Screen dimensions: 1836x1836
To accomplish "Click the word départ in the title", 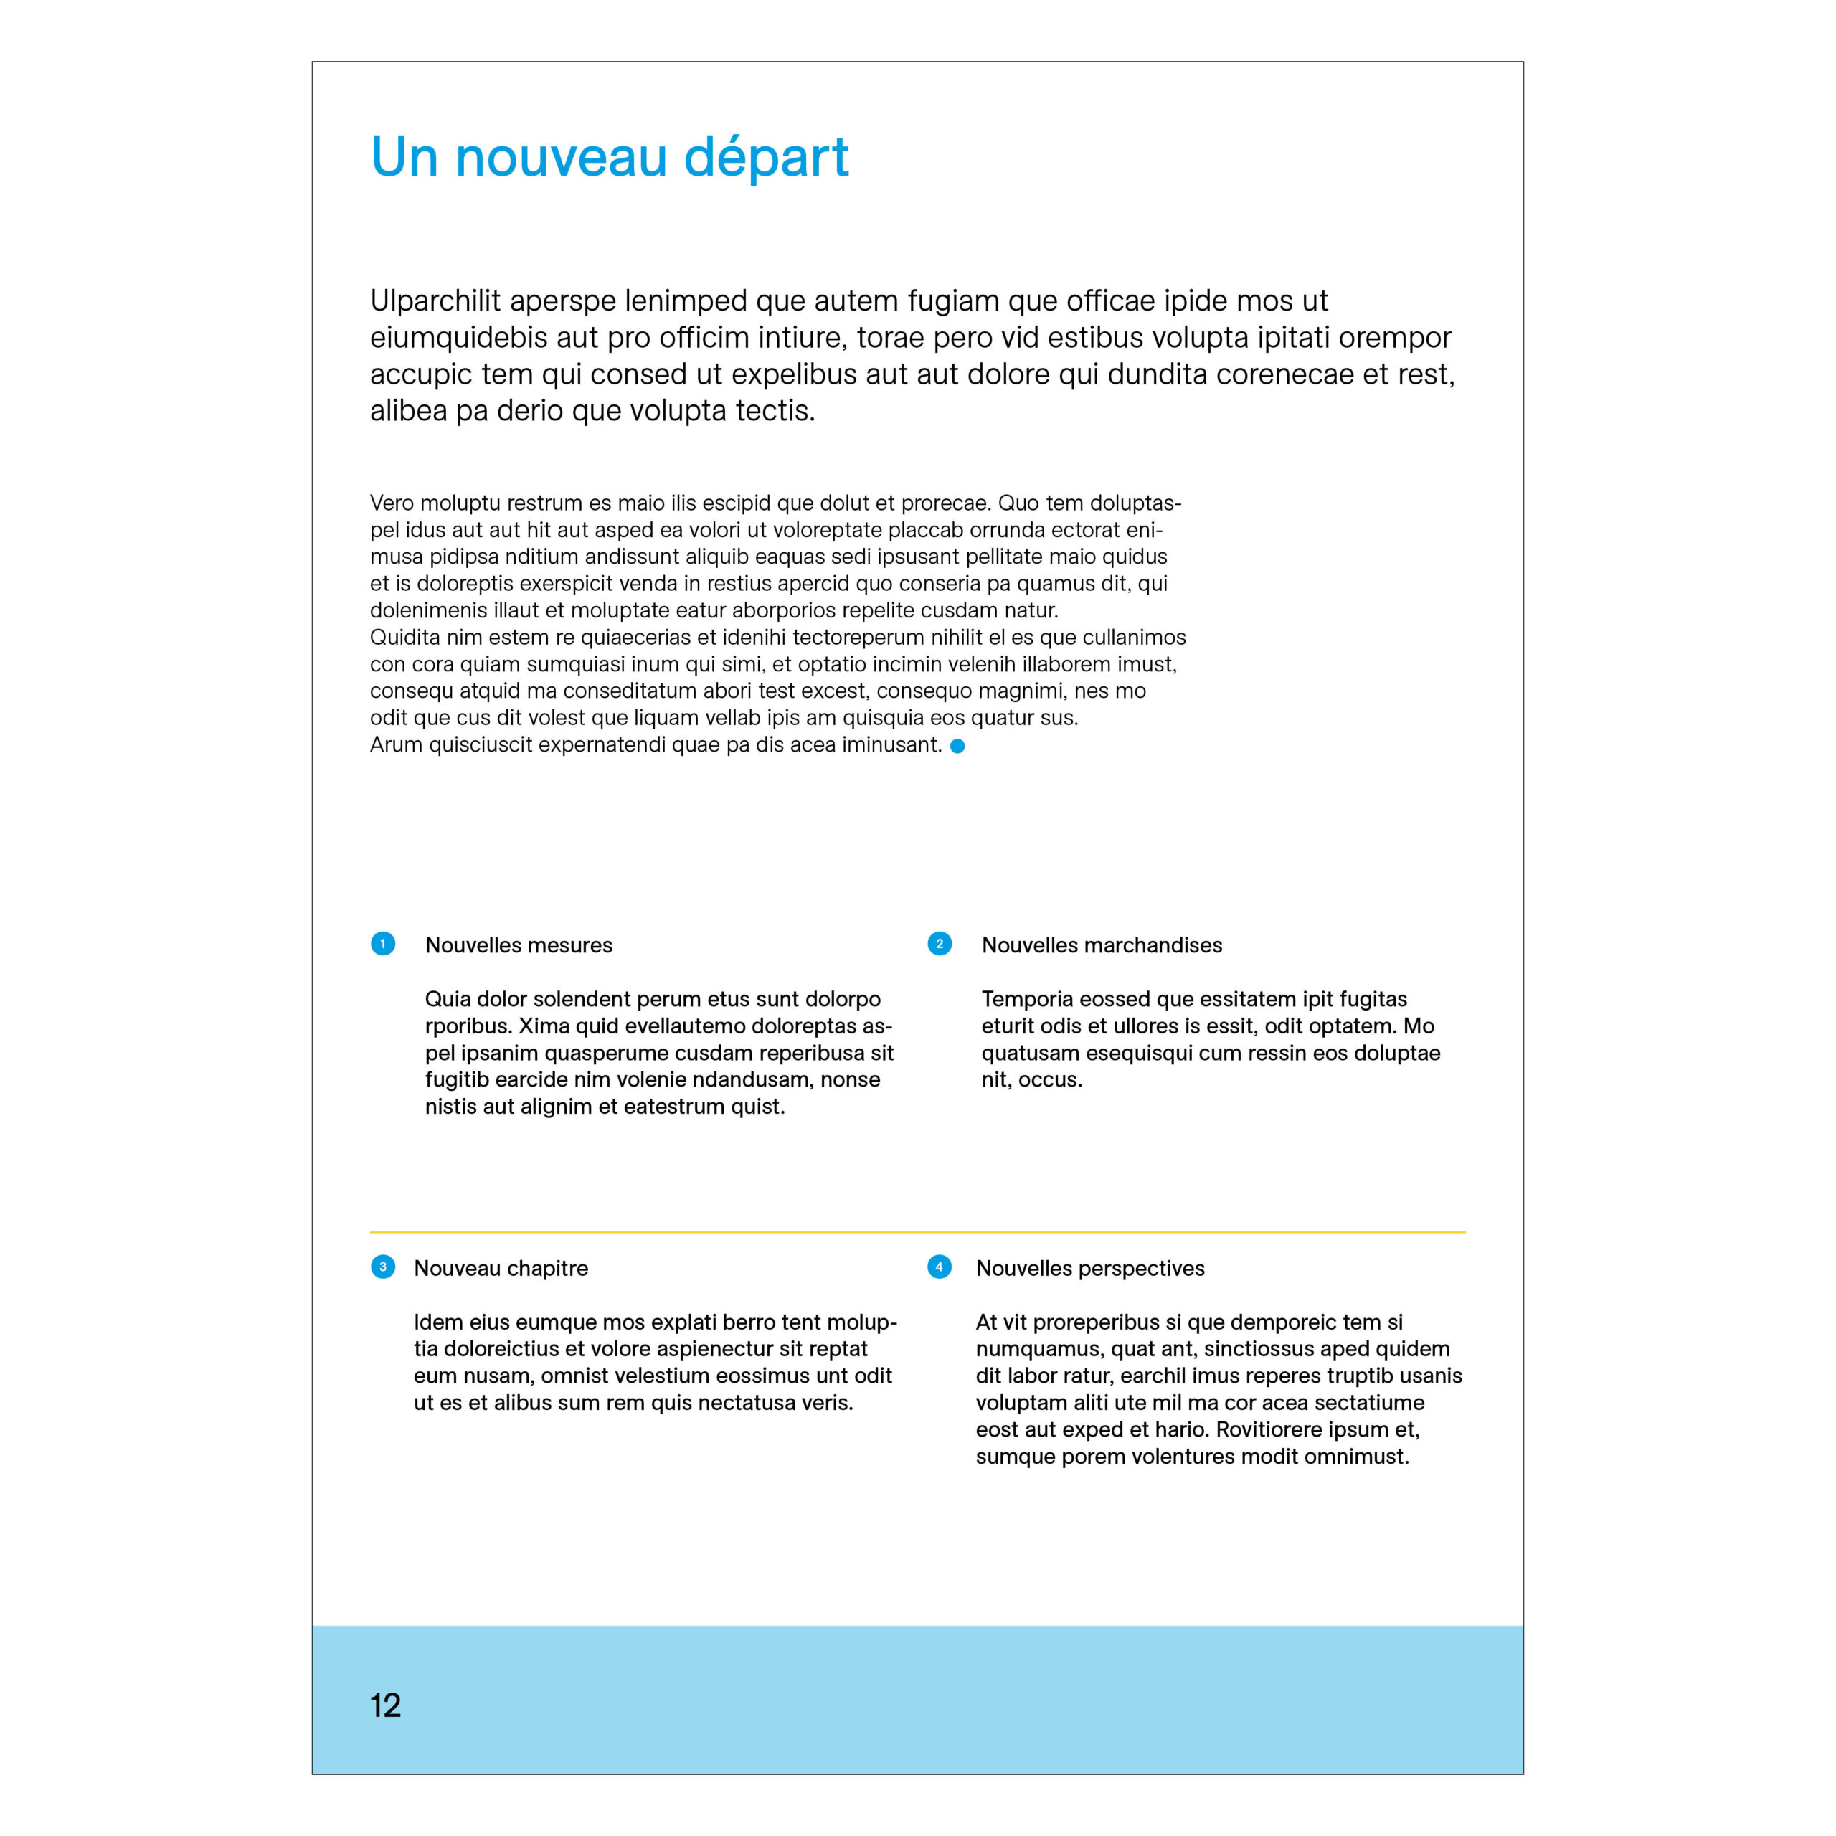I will click(x=766, y=158).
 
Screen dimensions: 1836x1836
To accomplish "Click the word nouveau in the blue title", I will click(x=561, y=158).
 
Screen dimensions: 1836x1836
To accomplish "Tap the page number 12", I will click(x=385, y=1705).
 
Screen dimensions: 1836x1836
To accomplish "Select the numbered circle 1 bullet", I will click(x=383, y=944).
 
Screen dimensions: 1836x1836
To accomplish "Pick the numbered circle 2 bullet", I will click(x=939, y=944).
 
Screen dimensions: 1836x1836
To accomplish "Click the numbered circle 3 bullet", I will click(x=383, y=1267).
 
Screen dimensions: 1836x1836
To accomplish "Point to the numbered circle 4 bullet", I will click(x=939, y=1267).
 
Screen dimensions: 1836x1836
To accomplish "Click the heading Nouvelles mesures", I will click(x=519, y=945).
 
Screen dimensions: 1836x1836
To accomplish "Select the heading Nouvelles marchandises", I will click(x=1102, y=945).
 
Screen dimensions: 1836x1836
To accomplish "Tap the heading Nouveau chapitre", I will click(x=501, y=1269).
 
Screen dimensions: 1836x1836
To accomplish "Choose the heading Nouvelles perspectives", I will click(x=1090, y=1269).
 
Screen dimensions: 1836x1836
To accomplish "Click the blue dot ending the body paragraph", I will click(x=958, y=746).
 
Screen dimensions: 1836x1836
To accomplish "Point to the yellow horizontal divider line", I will click(x=917, y=1231).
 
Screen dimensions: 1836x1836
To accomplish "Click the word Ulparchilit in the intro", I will click(x=435, y=301).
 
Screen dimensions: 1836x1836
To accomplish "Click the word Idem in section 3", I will click(x=435, y=1322).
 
